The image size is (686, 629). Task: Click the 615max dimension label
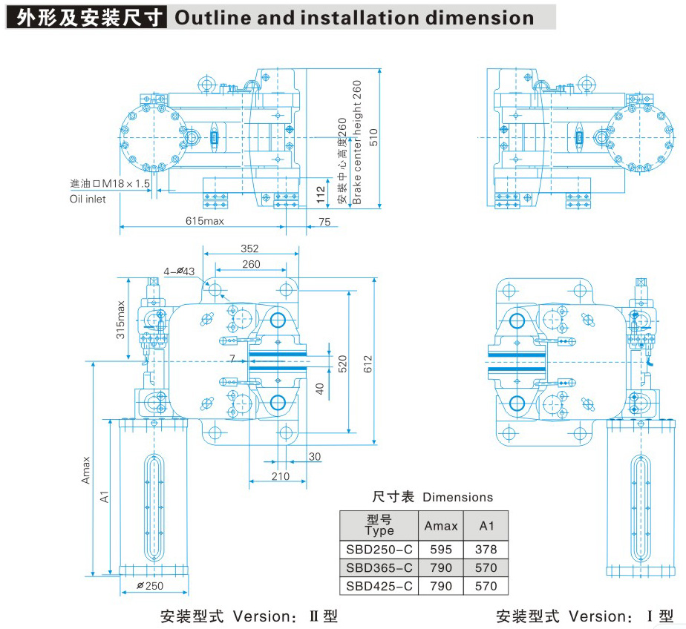[x=204, y=221]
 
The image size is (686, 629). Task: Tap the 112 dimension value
[x=321, y=194]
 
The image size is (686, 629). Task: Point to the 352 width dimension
[x=250, y=249]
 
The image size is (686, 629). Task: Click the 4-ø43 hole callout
[x=179, y=271]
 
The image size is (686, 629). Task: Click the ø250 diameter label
[x=151, y=586]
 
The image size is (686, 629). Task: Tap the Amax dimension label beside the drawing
[x=85, y=470]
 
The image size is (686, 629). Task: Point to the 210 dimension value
[x=280, y=476]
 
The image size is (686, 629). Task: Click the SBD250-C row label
[x=379, y=550]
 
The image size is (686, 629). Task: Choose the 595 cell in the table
[x=441, y=550]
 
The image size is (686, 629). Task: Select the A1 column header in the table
[x=486, y=526]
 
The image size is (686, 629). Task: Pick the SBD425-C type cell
[x=379, y=586]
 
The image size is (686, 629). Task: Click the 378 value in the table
[x=486, y=550]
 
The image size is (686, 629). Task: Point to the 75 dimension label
[x=324, y=221]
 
